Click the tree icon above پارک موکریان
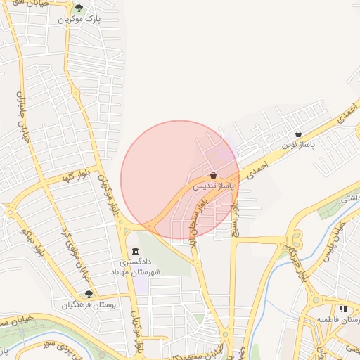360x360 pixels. (79, 9)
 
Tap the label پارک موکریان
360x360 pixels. (80, 20)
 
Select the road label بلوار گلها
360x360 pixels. (78, 179)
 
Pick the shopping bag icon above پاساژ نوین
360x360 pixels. (299, 133)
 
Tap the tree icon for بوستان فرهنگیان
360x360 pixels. (89, 294)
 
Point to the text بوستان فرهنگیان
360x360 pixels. (89, 304)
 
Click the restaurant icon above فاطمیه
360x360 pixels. (343, 309)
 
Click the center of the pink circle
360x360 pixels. (180, 180)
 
